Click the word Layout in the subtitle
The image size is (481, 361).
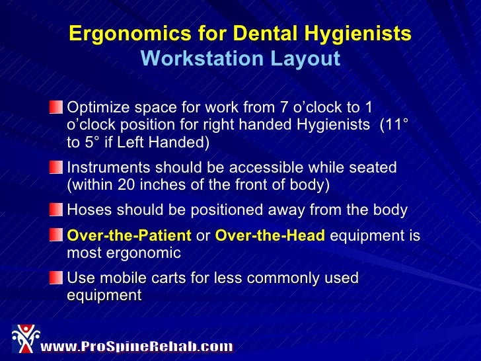tap(307, 60)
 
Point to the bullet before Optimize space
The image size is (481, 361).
tap(59, 106)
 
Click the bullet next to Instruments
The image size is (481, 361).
tap(59, 168)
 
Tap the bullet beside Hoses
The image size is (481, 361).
tap(59, 210)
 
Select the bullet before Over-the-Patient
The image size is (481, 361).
tap(59, 235)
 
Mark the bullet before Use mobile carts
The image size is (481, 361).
tap(59, 278)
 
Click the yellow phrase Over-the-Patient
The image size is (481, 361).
tap(129, 235)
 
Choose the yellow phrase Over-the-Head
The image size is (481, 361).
tap(270, 235)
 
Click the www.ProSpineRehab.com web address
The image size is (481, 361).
tap(137, 346)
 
